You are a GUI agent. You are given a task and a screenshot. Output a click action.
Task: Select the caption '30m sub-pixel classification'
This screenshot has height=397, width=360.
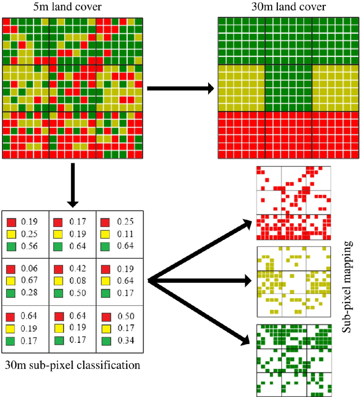pyautogui.click(x=71, y=365)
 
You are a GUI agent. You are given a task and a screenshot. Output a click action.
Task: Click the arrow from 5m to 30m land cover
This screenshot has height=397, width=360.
pyautogui.click(x=180, y=88)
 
